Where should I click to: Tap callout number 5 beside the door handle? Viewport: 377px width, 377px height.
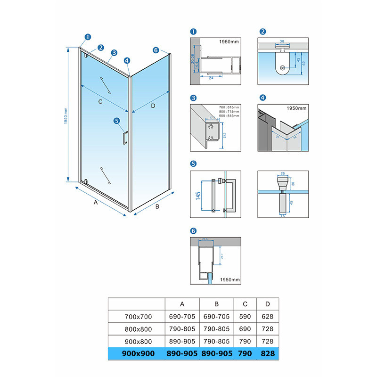tap(116, 121)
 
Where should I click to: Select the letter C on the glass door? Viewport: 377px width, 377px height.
tap(100, 101)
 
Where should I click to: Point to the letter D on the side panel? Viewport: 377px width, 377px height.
tap(153, 106)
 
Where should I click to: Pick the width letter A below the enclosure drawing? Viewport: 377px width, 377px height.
tap(95, 203)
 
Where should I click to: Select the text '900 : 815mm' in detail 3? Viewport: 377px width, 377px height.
tap(229, 115)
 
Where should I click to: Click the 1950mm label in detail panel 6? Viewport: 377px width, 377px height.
tap(229, 280)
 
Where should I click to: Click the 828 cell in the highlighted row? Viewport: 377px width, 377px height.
tap(267, 353)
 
